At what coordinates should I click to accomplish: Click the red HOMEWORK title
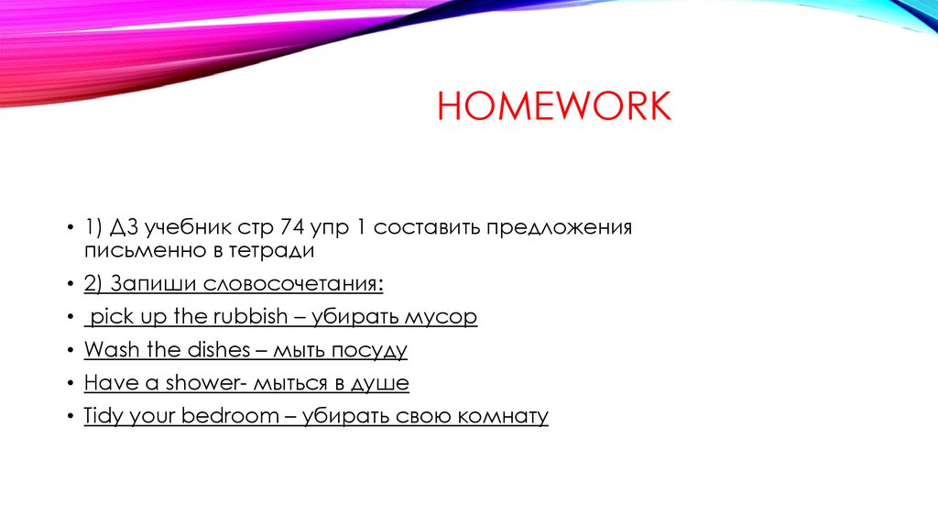[x=554, y=107]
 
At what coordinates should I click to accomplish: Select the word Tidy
[x=104, y=417]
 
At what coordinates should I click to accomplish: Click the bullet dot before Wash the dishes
[x=71, y=351]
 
